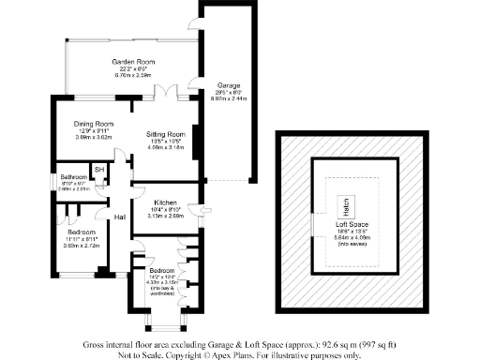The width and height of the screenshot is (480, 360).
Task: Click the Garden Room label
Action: [x=132, y=62]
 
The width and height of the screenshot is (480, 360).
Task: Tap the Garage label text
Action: [x=217, y=84]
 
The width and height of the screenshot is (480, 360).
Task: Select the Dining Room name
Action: [x=94, y=123]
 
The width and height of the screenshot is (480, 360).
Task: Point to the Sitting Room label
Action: [x=165, y=134]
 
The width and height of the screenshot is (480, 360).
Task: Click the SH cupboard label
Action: [x=97, y=169]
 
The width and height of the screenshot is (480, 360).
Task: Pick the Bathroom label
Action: [x=74, y=176]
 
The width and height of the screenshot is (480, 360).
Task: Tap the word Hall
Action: [x=120, y=217]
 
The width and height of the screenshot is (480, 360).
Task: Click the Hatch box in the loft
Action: [x=345, y=203]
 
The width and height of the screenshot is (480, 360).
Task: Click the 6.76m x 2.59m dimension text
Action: [x=132, y=75]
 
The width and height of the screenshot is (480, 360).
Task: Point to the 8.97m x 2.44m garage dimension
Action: [x=217, y=97]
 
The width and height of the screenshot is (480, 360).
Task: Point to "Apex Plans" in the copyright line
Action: [x=238, y=354]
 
